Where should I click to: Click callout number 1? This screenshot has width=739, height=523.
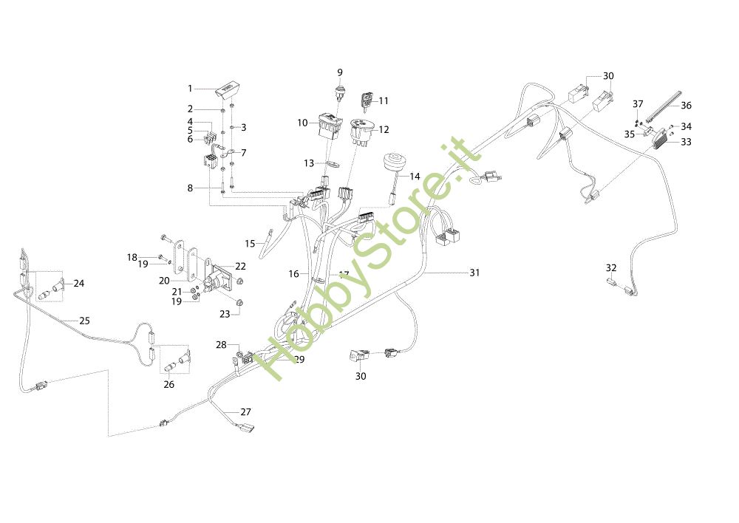(x=190, y=89)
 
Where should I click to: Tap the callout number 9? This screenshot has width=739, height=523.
(x=340, y=72)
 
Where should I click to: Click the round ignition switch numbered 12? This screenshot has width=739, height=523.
(x=361, y=132)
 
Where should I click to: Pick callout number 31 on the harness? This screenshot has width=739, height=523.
(x=474, y=273)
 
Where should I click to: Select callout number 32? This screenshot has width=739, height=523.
(x=610, y=267)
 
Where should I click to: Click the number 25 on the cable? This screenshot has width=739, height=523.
(x=84, y=321)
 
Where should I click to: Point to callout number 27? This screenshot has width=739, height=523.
(x=245, y=411)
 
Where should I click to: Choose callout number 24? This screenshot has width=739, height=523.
(x=79, y=283)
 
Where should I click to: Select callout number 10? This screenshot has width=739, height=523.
(x=302, y=123)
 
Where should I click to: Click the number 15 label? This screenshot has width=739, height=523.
(x=250, y=242)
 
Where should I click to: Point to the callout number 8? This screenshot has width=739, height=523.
(x=190, y=188)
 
